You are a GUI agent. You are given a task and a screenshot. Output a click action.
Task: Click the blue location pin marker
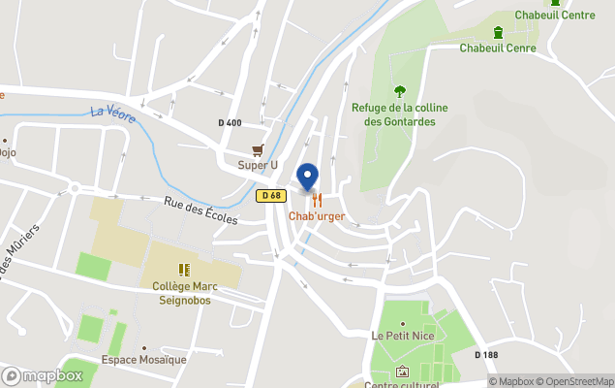[307, 178]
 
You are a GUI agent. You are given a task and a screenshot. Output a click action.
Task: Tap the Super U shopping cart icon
[258, 149]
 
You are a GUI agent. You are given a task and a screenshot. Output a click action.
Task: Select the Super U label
[258, 165]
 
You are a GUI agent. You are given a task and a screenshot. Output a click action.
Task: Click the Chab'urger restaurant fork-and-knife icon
[317, 200]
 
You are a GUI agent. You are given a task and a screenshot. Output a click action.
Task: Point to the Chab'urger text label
[317, 215]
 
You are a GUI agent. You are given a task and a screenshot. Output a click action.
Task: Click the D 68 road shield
[270, 196]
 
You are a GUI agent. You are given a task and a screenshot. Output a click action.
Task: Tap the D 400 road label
[230, 122]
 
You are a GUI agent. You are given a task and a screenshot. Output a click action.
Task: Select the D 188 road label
[486, 354]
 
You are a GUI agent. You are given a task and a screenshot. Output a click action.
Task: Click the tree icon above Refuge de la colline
[399, 91]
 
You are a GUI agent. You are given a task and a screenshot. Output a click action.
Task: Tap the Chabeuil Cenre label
[498, 48]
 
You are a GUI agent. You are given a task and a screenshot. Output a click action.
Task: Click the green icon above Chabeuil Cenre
[498, 32]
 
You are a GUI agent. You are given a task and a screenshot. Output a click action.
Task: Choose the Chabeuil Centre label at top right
[555, 15]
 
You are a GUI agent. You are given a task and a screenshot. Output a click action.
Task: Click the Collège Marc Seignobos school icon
[183, 270]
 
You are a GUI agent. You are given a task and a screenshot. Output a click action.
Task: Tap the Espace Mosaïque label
[144, 360]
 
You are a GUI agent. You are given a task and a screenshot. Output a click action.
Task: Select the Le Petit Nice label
[402, 335]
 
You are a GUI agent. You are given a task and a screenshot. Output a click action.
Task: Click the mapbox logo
[43, 375]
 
